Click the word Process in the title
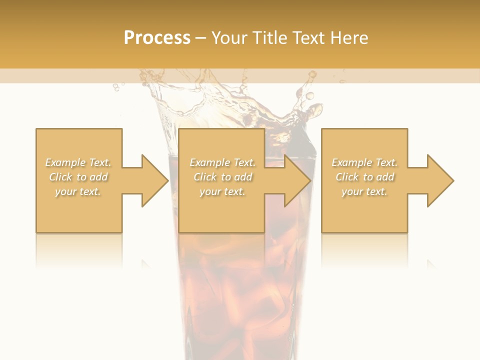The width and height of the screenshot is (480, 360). click(x=157, y=38)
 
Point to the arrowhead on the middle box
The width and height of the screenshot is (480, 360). click(x=296, y=180)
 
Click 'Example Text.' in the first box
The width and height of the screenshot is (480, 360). click(x=78, y=162)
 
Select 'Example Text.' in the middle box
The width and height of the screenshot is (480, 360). click(x=222, y=162)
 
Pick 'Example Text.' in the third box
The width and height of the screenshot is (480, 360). click(x=364, y=162)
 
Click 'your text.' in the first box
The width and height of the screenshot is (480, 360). click(x=78, y=191)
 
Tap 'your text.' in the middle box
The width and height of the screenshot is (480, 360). click(x=222, y=191)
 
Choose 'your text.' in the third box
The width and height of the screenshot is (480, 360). click(x=364, y=191)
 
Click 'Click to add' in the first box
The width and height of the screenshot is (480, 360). click(x=78, y=177)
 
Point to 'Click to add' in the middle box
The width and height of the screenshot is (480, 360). click(x=222, y=177)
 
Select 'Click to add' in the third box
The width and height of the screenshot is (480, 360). click(x=364, y=177)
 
